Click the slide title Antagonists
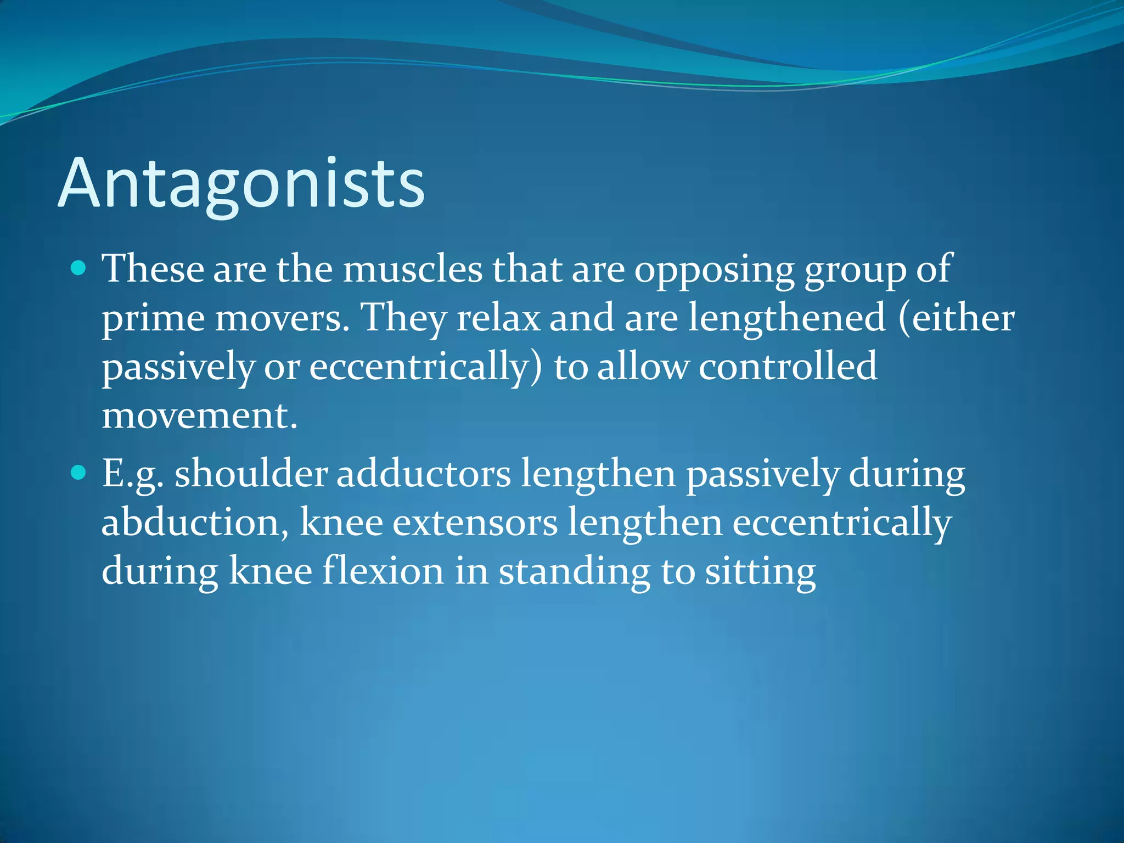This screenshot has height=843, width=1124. point(241,184)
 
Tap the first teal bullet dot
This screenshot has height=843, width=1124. point(79,268)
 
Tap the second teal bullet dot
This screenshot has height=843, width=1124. point(79,472)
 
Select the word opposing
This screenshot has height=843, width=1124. point(714,270)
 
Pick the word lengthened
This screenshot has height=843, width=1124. point(786,318)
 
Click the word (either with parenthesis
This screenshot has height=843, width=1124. point(956,318)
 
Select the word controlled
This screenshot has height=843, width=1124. point(788,367)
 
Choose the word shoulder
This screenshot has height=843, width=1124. point(251,474)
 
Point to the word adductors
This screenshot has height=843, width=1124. point(423,474)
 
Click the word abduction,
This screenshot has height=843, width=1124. point(195,522)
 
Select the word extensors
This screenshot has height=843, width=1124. point(475,522)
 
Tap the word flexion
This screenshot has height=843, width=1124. point(383,571)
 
